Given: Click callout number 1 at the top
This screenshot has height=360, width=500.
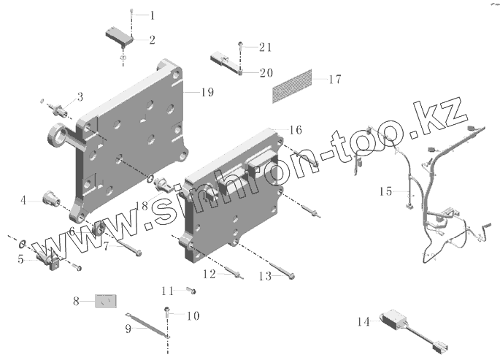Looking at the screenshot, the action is click(x=152, y=15).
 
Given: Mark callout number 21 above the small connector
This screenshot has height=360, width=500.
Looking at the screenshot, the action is click(x=265, y=47).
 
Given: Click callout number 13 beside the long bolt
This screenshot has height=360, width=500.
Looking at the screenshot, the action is click(x=264, y=277).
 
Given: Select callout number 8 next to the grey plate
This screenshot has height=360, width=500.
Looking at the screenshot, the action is click(x=75, y=300).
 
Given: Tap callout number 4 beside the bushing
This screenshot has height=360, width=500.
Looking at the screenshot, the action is click(x=24, y=200).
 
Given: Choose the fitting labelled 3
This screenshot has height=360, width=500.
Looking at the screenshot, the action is click(x=57, y=110).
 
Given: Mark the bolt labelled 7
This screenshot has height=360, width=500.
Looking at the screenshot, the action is click(x=128, y=249).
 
